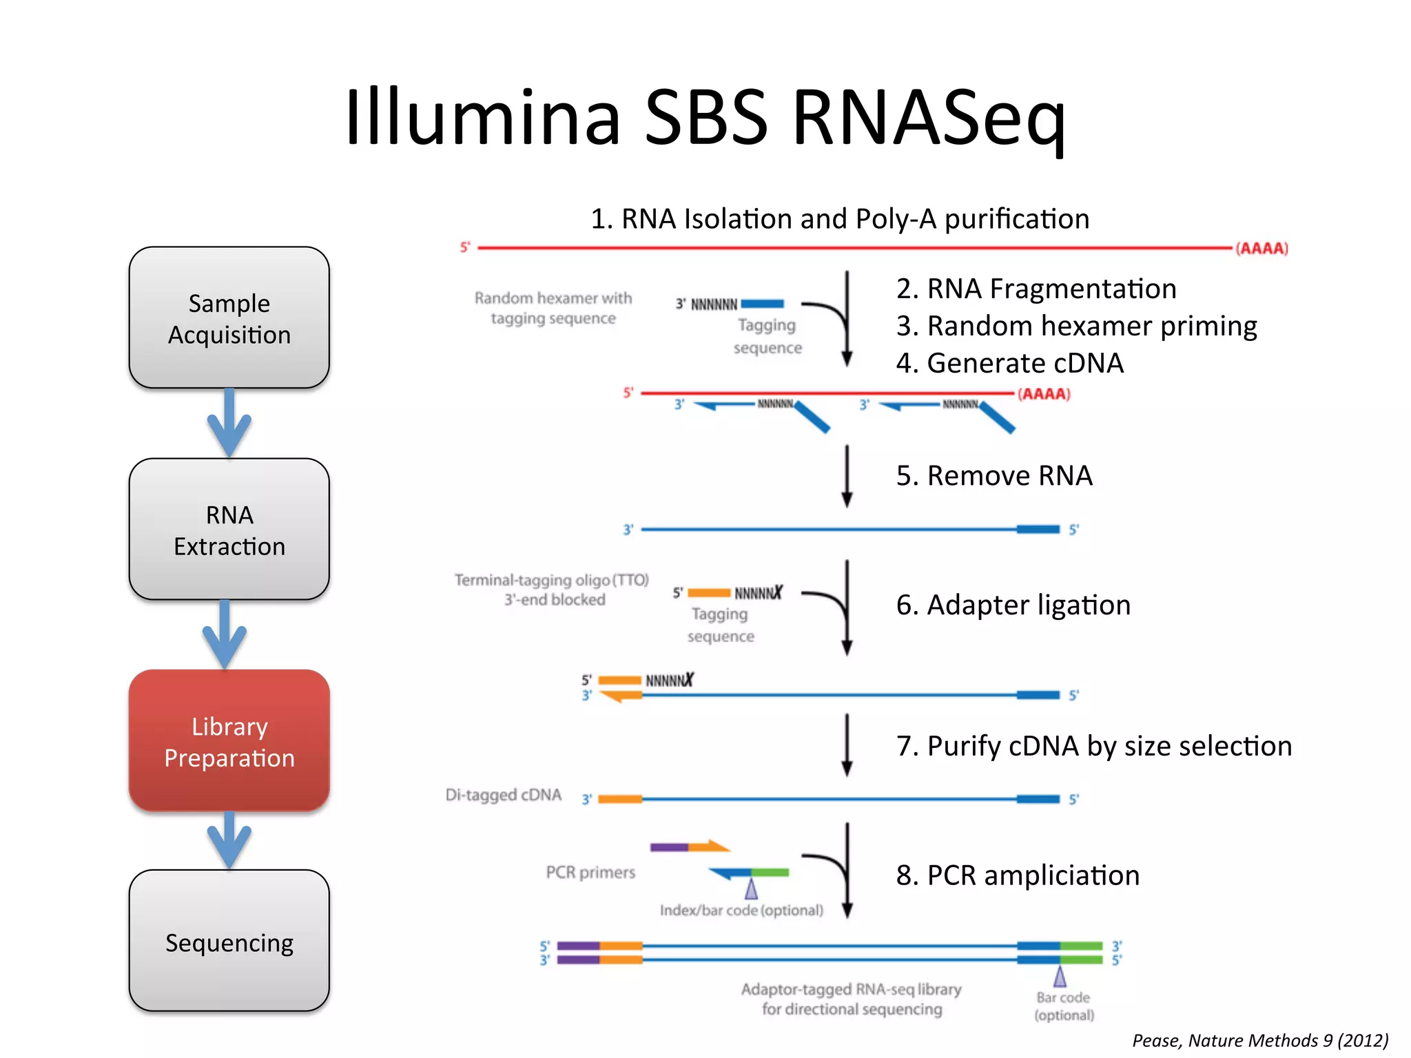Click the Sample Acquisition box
pos(229,318)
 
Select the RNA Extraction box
pos(229,529)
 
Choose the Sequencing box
pos(229,941)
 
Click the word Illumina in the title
pos(482,117)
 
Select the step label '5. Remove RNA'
pos(993,475)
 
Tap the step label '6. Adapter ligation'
pos(1013,605)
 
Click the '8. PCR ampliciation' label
pos(1017,875)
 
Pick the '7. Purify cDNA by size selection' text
pos(1093,746)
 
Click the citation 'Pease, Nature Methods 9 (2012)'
pos(1259,1040)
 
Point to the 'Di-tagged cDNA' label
pos(503,795)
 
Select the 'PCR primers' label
pos(590,872)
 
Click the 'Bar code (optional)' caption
pos(1064,1006)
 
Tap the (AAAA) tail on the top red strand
pos(1261,248)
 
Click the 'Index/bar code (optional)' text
pos(741,910)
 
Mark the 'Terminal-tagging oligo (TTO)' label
pos(552,580)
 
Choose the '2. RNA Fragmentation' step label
pos(1036,289)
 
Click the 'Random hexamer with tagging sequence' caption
pos(553,308)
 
